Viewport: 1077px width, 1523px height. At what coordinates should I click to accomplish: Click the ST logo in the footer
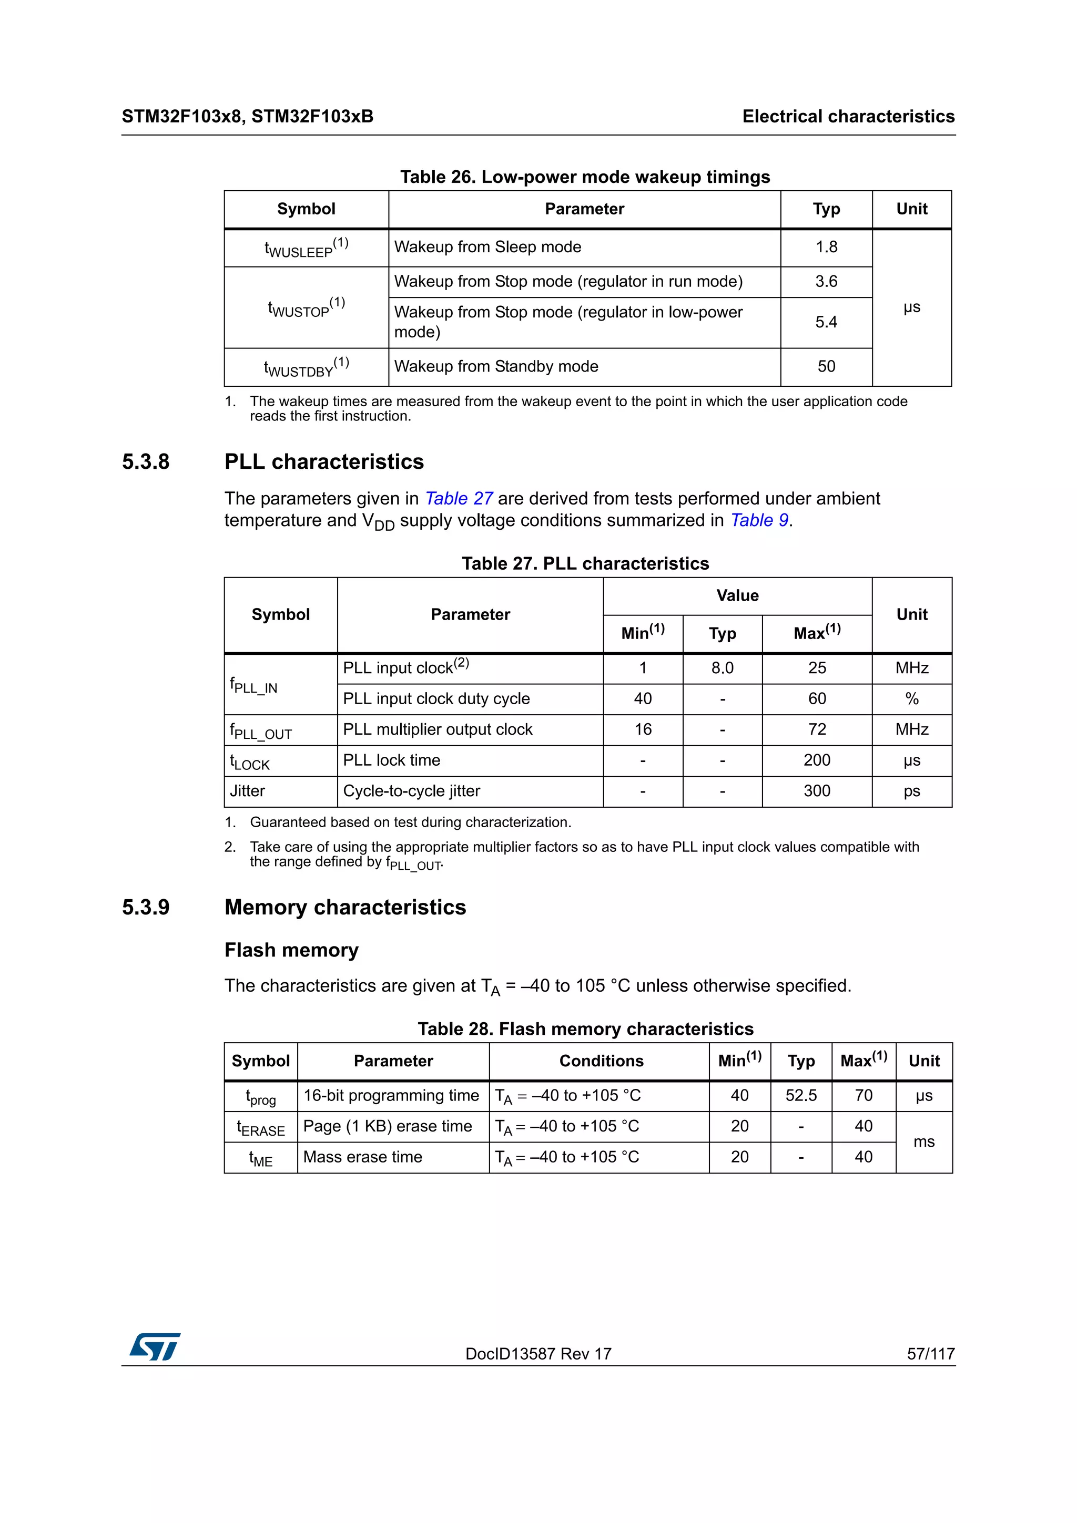coord(155,1347)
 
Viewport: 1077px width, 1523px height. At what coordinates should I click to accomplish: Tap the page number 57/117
coord(930,1354)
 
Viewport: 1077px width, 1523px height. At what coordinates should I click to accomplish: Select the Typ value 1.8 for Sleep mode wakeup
coord(826,248)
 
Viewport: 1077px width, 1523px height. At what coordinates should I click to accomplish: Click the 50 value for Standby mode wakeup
coord(826,367)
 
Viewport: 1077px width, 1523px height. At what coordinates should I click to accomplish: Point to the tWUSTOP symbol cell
coord(306,308)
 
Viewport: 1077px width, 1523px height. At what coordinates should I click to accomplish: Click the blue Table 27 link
coord(459,499)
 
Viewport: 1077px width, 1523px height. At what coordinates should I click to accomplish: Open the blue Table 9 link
coord(759,521)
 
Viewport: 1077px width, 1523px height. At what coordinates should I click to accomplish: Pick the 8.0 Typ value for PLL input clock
coord(722,668)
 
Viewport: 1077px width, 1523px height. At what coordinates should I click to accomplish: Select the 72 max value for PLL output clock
coord(817,729)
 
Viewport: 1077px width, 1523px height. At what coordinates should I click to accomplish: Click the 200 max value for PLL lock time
coord(817,761)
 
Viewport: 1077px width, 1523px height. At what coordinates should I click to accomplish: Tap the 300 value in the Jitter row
coord(817,791)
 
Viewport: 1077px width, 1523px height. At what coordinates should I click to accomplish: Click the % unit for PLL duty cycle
coord(912,699)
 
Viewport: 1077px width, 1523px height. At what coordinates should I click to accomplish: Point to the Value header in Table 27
coord(737,595)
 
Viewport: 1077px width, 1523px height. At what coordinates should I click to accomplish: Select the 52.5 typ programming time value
coord(801,1096)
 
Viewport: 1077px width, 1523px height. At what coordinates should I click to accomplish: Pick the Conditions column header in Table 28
coord(601,1062)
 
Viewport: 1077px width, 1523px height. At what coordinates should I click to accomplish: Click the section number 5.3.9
coord(146,908)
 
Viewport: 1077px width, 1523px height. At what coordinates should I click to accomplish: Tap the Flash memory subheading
coord(291,951)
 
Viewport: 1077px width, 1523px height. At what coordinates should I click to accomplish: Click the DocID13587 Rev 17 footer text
coord(538,1354)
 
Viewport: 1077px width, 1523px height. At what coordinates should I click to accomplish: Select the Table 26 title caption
coord(585,177)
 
